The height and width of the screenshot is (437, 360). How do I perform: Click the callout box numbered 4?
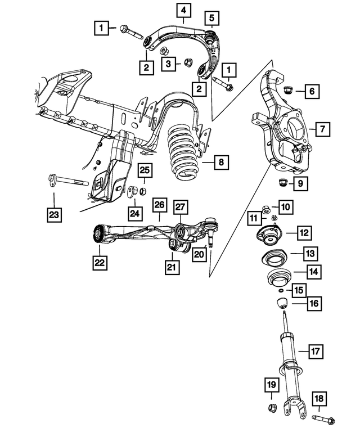point(183,11)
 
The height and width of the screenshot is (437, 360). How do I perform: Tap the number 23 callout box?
point(55,214)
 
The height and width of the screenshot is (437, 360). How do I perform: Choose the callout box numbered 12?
point(304,232)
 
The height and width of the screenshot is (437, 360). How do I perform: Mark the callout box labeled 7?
point(322,130)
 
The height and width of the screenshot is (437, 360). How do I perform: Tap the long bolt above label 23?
point(65,182)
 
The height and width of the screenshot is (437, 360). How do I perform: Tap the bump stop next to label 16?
point(282,305)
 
